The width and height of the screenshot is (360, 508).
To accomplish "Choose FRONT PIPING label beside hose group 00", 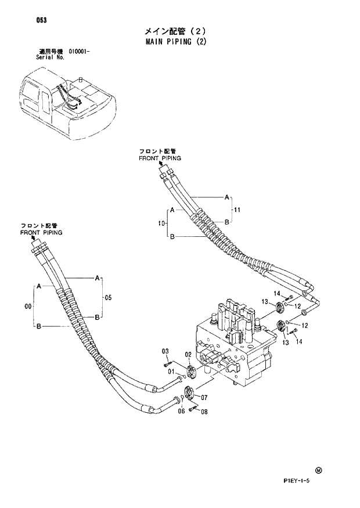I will click(41, 232).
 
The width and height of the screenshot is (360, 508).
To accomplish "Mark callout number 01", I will click(171, 372).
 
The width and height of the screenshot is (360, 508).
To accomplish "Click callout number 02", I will click(188, 354).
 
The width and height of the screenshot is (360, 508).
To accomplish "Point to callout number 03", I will click(165, 351).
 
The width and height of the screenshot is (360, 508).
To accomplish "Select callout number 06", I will click(181, 411).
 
